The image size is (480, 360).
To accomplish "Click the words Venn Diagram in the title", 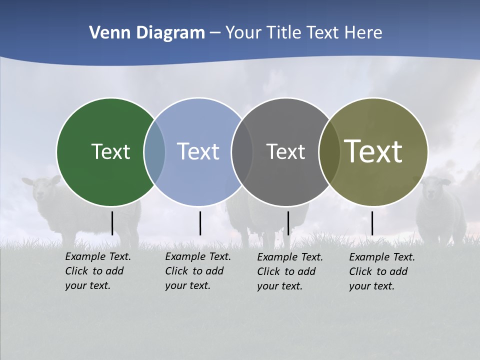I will coord(147,33).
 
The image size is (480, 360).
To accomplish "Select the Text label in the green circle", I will coord(110,151).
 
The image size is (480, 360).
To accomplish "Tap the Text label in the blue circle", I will coord(198,151).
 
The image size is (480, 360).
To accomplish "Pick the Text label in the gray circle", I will coord(285,151).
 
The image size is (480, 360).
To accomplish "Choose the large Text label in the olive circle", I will coord(373,151).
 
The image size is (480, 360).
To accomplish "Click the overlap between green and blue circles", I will coord(154,151).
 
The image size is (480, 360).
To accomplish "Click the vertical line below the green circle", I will coord(112,223).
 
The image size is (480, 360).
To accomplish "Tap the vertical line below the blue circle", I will coord(200,223).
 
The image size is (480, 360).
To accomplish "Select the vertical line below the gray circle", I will coord(288,223).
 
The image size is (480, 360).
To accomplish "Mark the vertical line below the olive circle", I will coord(372,223).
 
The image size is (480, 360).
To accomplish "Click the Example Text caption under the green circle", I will coord(97,271).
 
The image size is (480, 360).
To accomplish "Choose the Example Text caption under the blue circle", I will coord(197,271).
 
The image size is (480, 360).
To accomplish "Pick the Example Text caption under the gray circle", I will coord(289,271).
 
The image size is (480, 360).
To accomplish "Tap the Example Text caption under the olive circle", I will coord(381,271).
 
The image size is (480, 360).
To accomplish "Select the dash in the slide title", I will coord(215,33).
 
